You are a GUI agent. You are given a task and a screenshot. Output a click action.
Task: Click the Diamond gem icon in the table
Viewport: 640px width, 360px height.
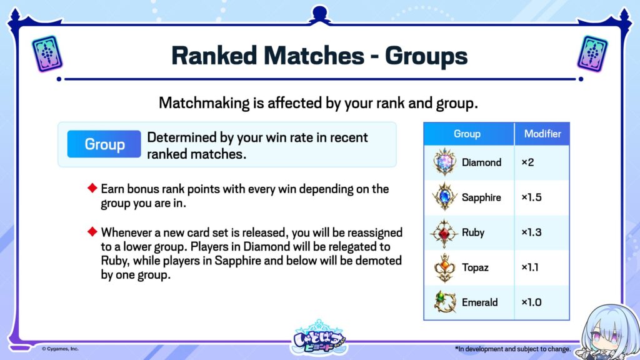(x=444, y=162)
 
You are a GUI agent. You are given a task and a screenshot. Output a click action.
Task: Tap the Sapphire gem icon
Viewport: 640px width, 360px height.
(x=444, y=197)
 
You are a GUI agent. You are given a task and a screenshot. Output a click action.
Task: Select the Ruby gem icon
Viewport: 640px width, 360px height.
(x=444, y=233)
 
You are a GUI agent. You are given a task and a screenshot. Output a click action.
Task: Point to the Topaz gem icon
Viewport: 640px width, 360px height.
(x=444, y=267)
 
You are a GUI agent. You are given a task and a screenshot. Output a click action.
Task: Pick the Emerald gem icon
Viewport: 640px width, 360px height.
(x=444, y=302)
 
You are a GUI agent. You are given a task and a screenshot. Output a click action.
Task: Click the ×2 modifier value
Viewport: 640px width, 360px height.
(x=527, y=162)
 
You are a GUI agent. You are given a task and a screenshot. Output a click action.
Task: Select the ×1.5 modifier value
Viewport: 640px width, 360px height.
(x=531, y=197)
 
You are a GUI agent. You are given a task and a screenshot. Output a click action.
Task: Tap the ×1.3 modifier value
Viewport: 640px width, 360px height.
(x=531, y=232)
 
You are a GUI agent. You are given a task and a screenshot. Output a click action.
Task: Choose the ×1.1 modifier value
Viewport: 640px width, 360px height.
(x=530, y=267)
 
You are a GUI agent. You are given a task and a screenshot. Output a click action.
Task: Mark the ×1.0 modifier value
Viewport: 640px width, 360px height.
(x=531, y=302)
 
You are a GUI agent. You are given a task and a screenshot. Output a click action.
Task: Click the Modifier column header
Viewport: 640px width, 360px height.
(x=542, y=134)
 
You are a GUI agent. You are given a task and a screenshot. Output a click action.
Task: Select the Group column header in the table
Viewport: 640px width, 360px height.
(x=467, y=134)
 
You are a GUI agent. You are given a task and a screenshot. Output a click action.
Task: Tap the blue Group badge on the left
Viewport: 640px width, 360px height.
(x=104, y=144)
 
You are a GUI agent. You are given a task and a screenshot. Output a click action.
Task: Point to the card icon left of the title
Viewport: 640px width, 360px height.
(x=47, y=54)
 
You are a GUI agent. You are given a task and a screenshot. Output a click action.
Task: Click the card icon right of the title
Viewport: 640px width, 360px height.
(x=592, y=54)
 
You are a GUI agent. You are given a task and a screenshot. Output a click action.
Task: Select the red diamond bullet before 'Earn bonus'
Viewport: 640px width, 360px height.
(x=92, y=187)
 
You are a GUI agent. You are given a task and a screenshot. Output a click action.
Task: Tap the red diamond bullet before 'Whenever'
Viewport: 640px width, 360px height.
(x=92, y=231)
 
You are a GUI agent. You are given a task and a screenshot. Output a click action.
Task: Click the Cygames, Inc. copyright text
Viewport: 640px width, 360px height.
(x=60, y=349)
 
